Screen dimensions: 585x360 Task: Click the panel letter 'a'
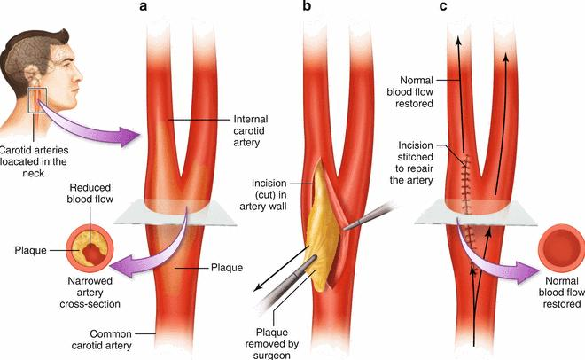pyautogui.click(x=144, y=6)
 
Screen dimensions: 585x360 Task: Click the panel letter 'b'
pyautogui.click(x=307, y=5)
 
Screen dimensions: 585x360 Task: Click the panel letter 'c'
pyautogui.click(x=443, y=6)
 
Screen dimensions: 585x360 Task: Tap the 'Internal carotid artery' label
pyautogui.click(x=251, y=131)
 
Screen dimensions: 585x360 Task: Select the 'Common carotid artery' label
pyautogui.click(x=101, y=340)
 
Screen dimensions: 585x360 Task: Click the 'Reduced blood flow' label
pyautogui.click(x=90, y=193)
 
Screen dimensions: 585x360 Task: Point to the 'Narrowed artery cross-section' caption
pyautogui.click(x=90, y=293)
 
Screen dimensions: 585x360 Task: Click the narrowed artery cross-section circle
pyautogui.click(x=90, y=248)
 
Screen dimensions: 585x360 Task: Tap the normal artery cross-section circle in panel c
pyautogui.click(x=561, y=248)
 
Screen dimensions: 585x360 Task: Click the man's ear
pyautogui.click(x=37, y=77)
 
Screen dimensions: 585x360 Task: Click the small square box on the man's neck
pyautogui.click(x=38, y=100)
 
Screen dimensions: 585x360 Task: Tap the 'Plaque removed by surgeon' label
pyautogui.click(x=272, y=343)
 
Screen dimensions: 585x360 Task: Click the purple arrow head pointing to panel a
pyautogui.click(x=129, y=137)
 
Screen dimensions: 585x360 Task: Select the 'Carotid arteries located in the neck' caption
pyautogui.click(x=34, y=161)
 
